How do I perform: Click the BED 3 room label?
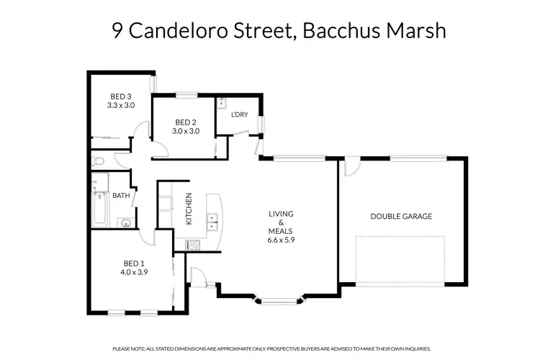pyautogui.click(x=121, y=96)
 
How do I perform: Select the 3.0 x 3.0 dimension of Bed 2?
pyautogui.click(x=185, y=131)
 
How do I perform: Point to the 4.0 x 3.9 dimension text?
pyautogui.click(x=134, y=272)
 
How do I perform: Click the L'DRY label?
pyautogui.click(x=240, y=116)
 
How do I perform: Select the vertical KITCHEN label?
pyautogui.click(x=189, y=210)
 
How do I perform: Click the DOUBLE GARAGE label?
pyautogui.click(x=401, y=216)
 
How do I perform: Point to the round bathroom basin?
pyautogui.click(x=125, y=222)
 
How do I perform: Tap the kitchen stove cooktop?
pyautogui.click(x=193, y=245)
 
